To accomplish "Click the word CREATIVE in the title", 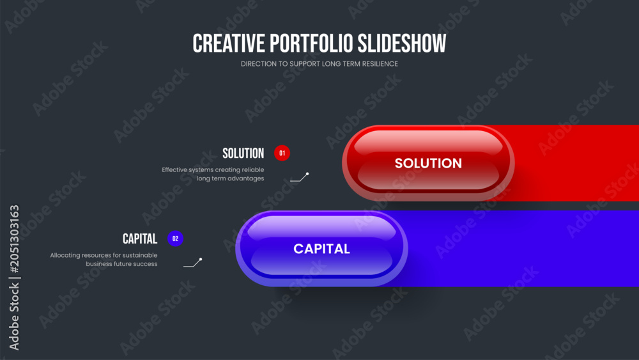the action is pos(229,43).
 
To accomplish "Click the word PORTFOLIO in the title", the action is pos(311,43).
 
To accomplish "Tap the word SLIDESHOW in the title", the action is pos(402,43).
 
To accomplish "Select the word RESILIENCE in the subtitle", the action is pos(380,64).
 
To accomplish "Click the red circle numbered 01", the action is pos(282,153).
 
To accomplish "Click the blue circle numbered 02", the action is pos(175,239).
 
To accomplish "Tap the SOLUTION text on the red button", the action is pos(428,163).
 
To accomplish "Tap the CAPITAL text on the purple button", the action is pos(321,249).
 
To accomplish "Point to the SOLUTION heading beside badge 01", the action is pos(243,153).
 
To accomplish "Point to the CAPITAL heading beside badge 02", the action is pos(140,239).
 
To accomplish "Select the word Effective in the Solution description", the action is pos(174,169).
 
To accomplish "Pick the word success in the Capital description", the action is pos(147,264).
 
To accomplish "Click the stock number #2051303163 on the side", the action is pos(14,239).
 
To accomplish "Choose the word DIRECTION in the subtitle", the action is pos(259,64).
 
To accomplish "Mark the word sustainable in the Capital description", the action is pos(140,255).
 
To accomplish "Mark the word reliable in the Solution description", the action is pos(253,169).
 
